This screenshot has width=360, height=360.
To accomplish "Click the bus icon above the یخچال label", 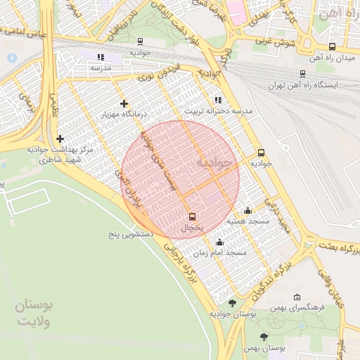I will click(192, 216).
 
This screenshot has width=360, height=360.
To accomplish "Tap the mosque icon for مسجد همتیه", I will click(247, 210).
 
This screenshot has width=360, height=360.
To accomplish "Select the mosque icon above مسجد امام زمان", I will click(219, 243).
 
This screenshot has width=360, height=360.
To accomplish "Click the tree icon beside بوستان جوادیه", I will click(233, 303).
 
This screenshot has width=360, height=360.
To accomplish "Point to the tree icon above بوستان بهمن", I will click(264, 337).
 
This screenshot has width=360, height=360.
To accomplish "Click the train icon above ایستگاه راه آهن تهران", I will click(302, 73).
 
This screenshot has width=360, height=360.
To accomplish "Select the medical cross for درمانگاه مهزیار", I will click(124, 103).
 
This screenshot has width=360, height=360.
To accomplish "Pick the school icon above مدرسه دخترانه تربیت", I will click(218, 100).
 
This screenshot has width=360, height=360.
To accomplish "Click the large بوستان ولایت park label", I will click(35, 314).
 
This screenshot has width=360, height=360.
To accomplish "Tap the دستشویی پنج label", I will click(134, 232).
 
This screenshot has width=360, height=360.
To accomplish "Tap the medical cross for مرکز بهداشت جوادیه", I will click(60, 139).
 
